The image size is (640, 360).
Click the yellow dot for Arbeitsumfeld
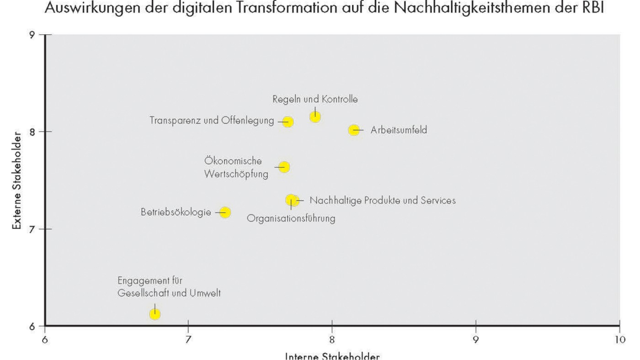(354, 130)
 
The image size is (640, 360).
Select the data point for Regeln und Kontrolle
(315, 117)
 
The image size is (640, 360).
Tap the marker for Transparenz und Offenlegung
(288, 122)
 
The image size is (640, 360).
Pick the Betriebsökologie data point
(225, 212)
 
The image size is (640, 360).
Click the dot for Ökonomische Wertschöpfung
(284, 167)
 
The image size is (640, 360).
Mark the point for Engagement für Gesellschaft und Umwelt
(155, 314)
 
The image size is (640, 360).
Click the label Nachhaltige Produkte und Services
(382, 201)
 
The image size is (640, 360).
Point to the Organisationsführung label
(291, 219)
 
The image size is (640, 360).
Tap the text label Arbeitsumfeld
(399, 130)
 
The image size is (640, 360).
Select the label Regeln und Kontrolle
(315, 99)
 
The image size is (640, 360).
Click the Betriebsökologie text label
(176, 212)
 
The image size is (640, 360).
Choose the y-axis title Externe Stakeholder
(17, 180)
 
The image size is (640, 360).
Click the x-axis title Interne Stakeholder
(332, 356)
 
